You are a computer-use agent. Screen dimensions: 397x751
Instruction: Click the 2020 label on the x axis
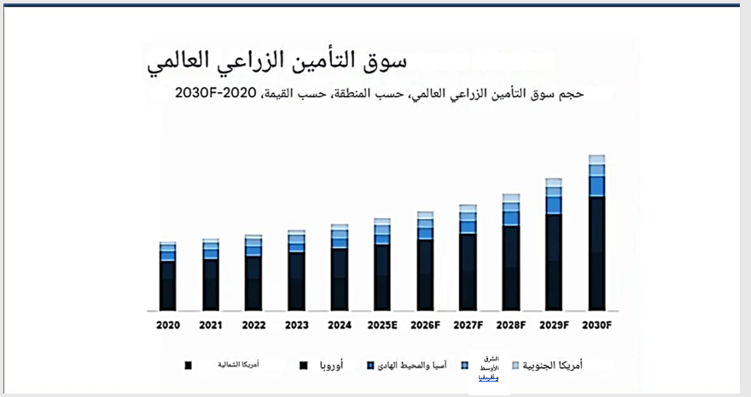[167, 325]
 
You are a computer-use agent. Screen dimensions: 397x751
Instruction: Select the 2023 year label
[295, 325]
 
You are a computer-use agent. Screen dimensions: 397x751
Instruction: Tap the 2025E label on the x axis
[382, 325]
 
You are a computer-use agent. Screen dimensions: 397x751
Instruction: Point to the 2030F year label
[597, 325]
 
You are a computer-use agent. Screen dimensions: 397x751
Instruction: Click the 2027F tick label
[468, 325]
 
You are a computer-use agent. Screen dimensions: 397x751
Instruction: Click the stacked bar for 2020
[167, 277]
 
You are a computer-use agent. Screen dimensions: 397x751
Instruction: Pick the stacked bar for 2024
[340, 268]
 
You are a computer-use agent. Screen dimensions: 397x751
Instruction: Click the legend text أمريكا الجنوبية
[552, 365]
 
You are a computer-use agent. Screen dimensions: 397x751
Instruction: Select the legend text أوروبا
[329, 365]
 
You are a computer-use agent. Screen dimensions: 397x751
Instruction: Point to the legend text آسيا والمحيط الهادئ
[415, 365]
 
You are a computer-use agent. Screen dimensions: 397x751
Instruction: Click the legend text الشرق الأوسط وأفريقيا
[488, 369]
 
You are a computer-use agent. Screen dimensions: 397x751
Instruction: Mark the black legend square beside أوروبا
[303, 365]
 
